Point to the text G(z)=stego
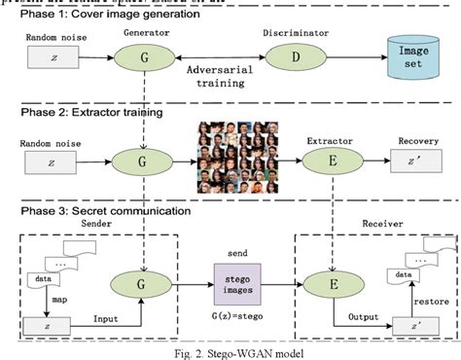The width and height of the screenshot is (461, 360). pyautogui.click(x=236, y=318)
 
